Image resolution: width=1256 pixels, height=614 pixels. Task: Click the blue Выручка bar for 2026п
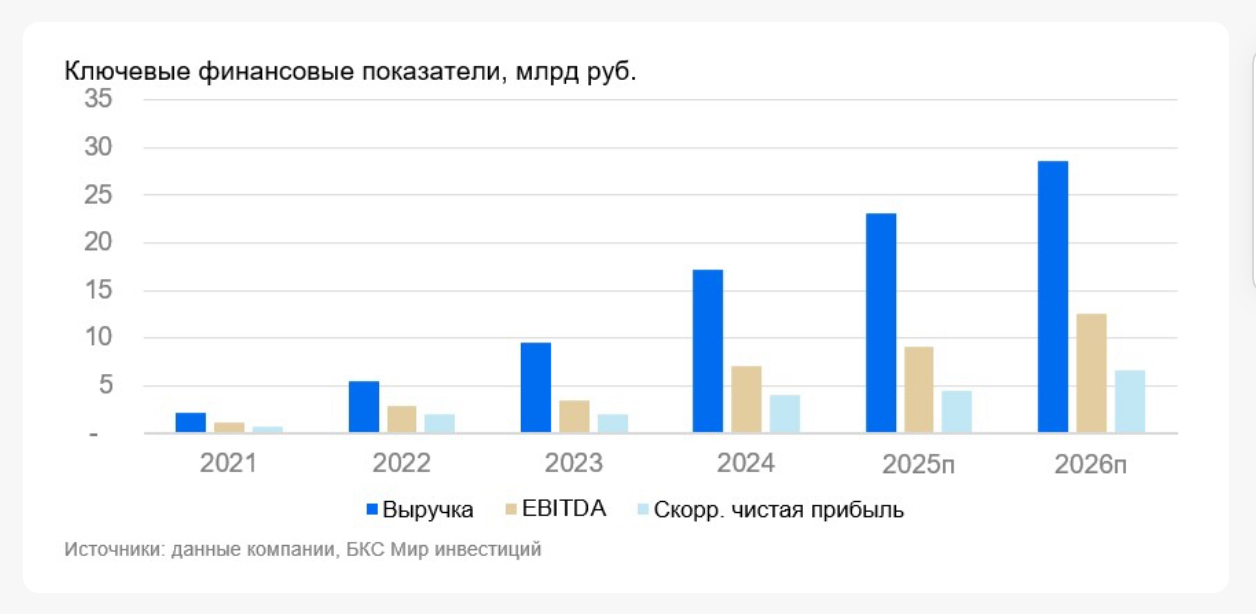(x=1053, y=297)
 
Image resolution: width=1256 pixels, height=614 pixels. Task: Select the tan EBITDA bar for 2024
(x=746, y=400)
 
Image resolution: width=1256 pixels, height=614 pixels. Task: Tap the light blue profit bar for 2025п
(x=956, y=412)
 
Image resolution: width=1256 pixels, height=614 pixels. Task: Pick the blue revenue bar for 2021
(x=190, y=423)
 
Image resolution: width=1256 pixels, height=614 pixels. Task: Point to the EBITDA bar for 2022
(x=401, y=419)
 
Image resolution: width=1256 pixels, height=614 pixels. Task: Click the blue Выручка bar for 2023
(x=535, y=388)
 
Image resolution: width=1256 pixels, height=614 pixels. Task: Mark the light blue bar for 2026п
(x=1130, y=402)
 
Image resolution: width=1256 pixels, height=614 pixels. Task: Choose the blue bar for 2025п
(x=880, y=323)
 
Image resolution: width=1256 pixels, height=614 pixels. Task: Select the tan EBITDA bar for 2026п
(x=1091, y=373)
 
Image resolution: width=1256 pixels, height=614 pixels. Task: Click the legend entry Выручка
(x=427, y=510)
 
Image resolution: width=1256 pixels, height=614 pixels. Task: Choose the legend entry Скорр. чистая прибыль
(x=778, y=510)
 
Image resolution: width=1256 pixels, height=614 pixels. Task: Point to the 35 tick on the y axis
(x=98, y=100)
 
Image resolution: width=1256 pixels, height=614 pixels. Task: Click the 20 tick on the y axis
(x=98, y=243)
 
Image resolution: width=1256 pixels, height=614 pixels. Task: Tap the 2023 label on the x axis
(x=574, y=464)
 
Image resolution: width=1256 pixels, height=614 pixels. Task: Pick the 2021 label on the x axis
(x=228, y=464)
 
